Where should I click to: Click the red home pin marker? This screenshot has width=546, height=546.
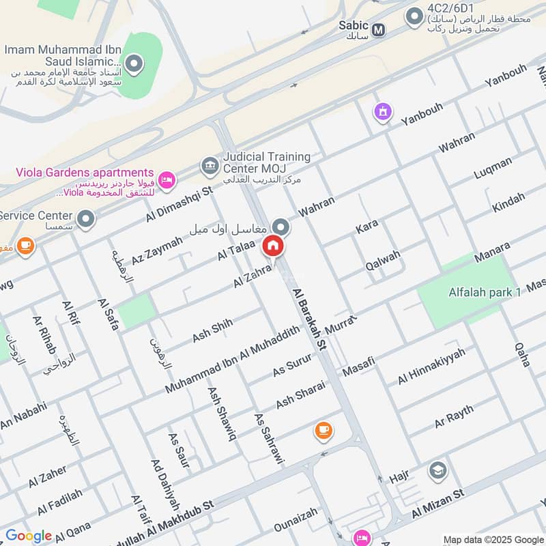point(273,246)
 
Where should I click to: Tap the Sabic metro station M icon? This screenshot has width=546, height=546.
point(378,30)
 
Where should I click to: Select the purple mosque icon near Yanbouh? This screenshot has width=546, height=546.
point(383,111)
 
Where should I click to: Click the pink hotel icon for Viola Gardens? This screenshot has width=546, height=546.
point(166,180)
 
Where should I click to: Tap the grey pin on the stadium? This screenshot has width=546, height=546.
point(134,66)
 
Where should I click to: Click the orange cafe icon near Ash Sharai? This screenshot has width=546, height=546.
point(323,430)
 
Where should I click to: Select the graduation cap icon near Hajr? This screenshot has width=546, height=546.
point(437,470)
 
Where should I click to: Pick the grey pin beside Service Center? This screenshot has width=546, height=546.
point(85,219)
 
